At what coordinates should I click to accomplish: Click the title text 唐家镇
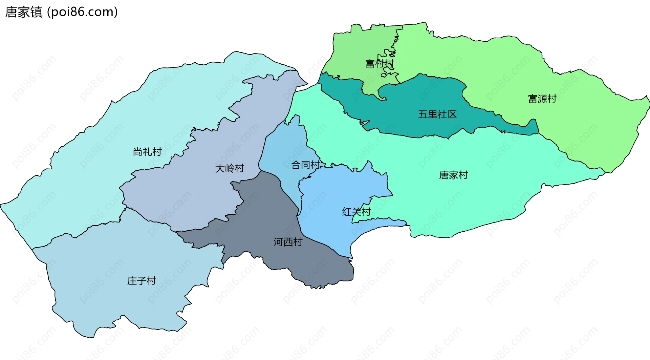point(24,12)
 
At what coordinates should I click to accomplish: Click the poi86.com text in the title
point(82,12)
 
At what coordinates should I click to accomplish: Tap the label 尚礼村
point(147,152)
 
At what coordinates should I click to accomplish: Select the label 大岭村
point(230,168)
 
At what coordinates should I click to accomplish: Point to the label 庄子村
point(142,281)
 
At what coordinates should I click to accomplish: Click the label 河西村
point(288,242)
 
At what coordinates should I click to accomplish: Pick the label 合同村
point(305,165)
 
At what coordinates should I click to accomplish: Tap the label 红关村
point(356,212)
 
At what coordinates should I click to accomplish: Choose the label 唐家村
point(453,175)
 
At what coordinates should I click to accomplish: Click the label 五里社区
point(437,114)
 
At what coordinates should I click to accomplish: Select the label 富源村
point(542,99)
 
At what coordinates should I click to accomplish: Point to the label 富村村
point(380,63)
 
